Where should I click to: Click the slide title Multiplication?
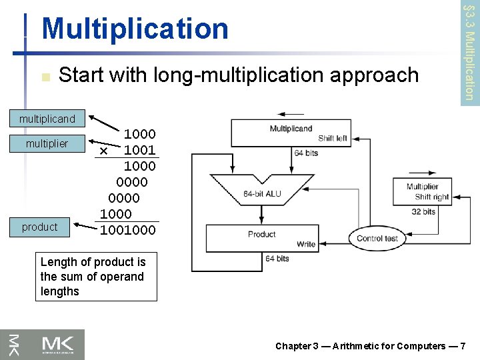[135, 29]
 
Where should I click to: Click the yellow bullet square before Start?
[45, 77]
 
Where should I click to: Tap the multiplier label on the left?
[47, 143]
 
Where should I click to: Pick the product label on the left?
[40, 227]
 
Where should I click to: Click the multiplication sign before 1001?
[103, 151]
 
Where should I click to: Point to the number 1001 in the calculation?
[139, 150]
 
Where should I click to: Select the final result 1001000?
[128, 230]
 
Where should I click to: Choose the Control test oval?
[377, 238]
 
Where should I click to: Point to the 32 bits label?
[423, 212]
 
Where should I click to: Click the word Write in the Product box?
[305, 244]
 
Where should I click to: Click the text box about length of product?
[96, 277]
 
